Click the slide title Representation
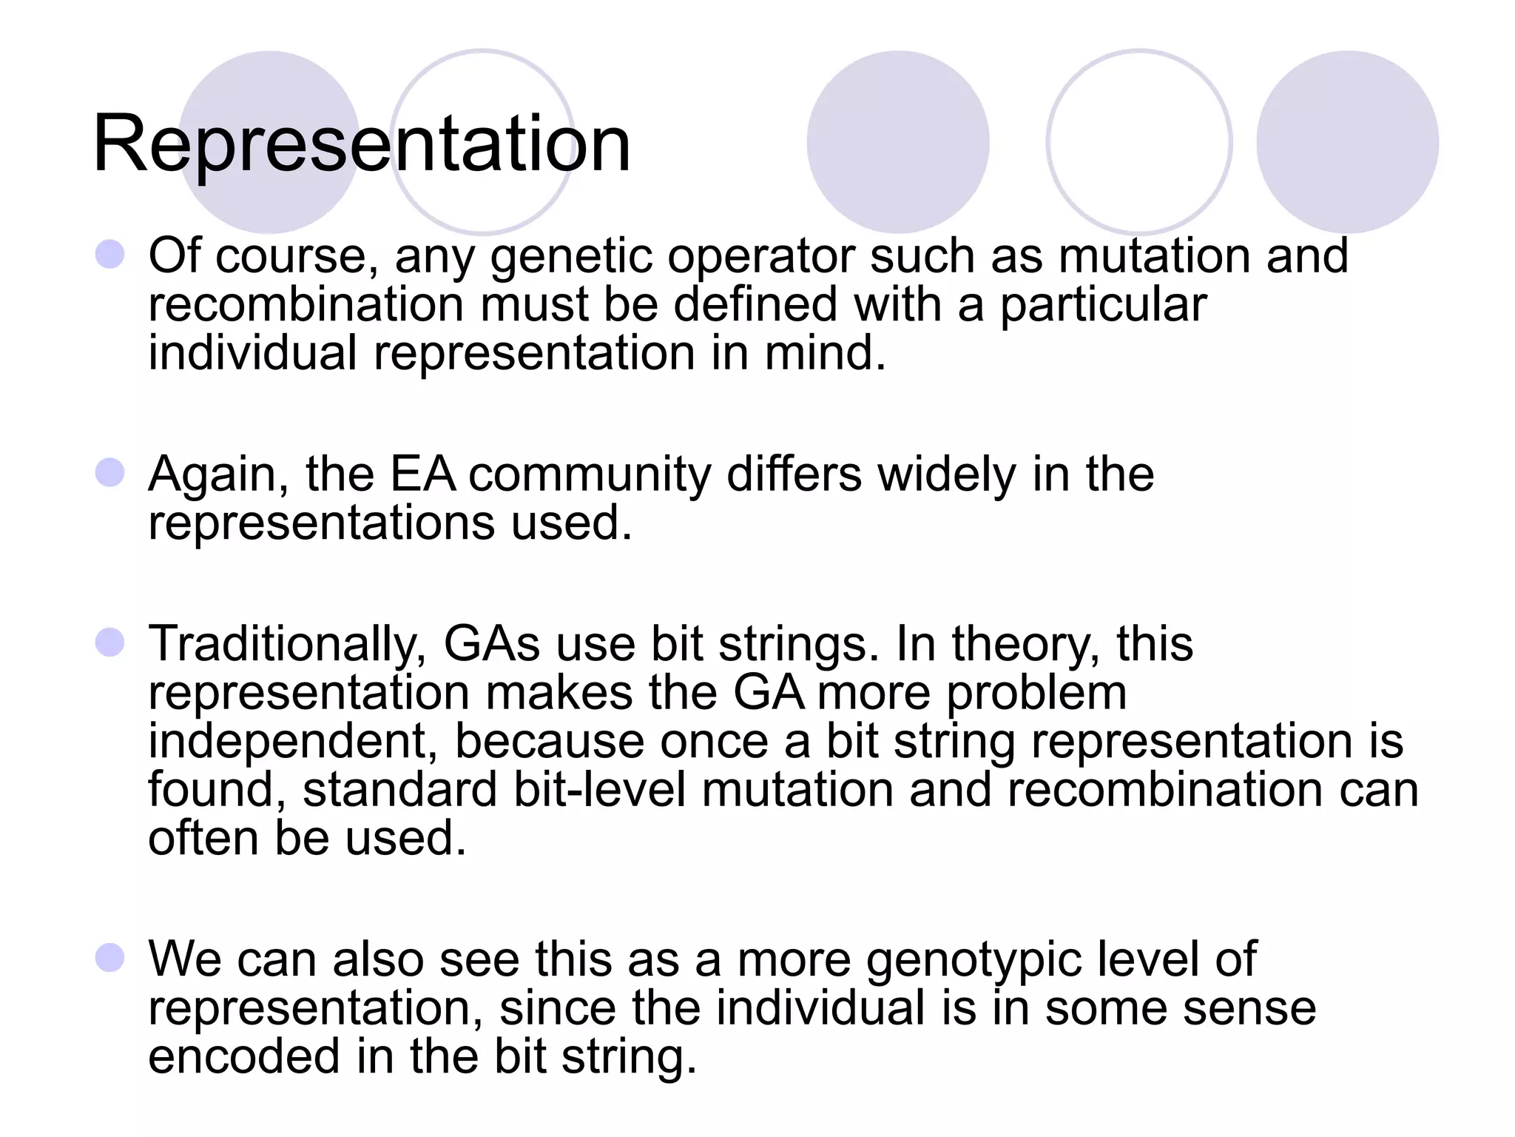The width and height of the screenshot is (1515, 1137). point(361,144)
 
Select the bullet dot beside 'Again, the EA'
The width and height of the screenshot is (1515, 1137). point(110,473)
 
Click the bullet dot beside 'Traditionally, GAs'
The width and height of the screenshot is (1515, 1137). point(110,643)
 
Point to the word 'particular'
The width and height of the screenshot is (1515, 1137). point(1103,304)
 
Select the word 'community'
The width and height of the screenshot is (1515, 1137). point(590,475)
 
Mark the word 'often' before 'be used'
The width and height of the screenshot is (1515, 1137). point(203,838)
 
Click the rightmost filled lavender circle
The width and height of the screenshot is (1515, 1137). point(1347,142)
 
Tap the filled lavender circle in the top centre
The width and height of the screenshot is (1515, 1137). point(897,142)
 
